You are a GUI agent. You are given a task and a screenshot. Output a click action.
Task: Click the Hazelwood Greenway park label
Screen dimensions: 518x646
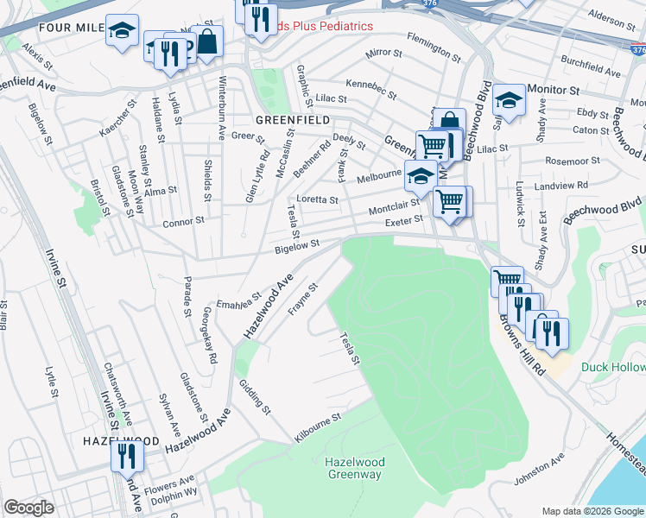tap(354, 468)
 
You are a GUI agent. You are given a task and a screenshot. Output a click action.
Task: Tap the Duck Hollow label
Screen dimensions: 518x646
tap(612, 368)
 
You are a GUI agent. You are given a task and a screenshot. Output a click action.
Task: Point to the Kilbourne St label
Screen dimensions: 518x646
tap(318, 427)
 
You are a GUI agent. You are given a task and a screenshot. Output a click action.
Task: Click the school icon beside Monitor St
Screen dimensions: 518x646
tap(509, 99)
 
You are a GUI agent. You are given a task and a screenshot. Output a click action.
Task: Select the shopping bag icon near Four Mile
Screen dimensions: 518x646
tap(207, 41)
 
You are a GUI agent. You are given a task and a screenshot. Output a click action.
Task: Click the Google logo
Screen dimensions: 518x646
tap(28, 508)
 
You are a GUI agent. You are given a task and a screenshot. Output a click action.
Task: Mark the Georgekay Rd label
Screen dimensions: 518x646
tap(209, 334)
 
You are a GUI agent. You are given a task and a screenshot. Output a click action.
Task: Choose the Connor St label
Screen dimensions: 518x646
tap(183, 222)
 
